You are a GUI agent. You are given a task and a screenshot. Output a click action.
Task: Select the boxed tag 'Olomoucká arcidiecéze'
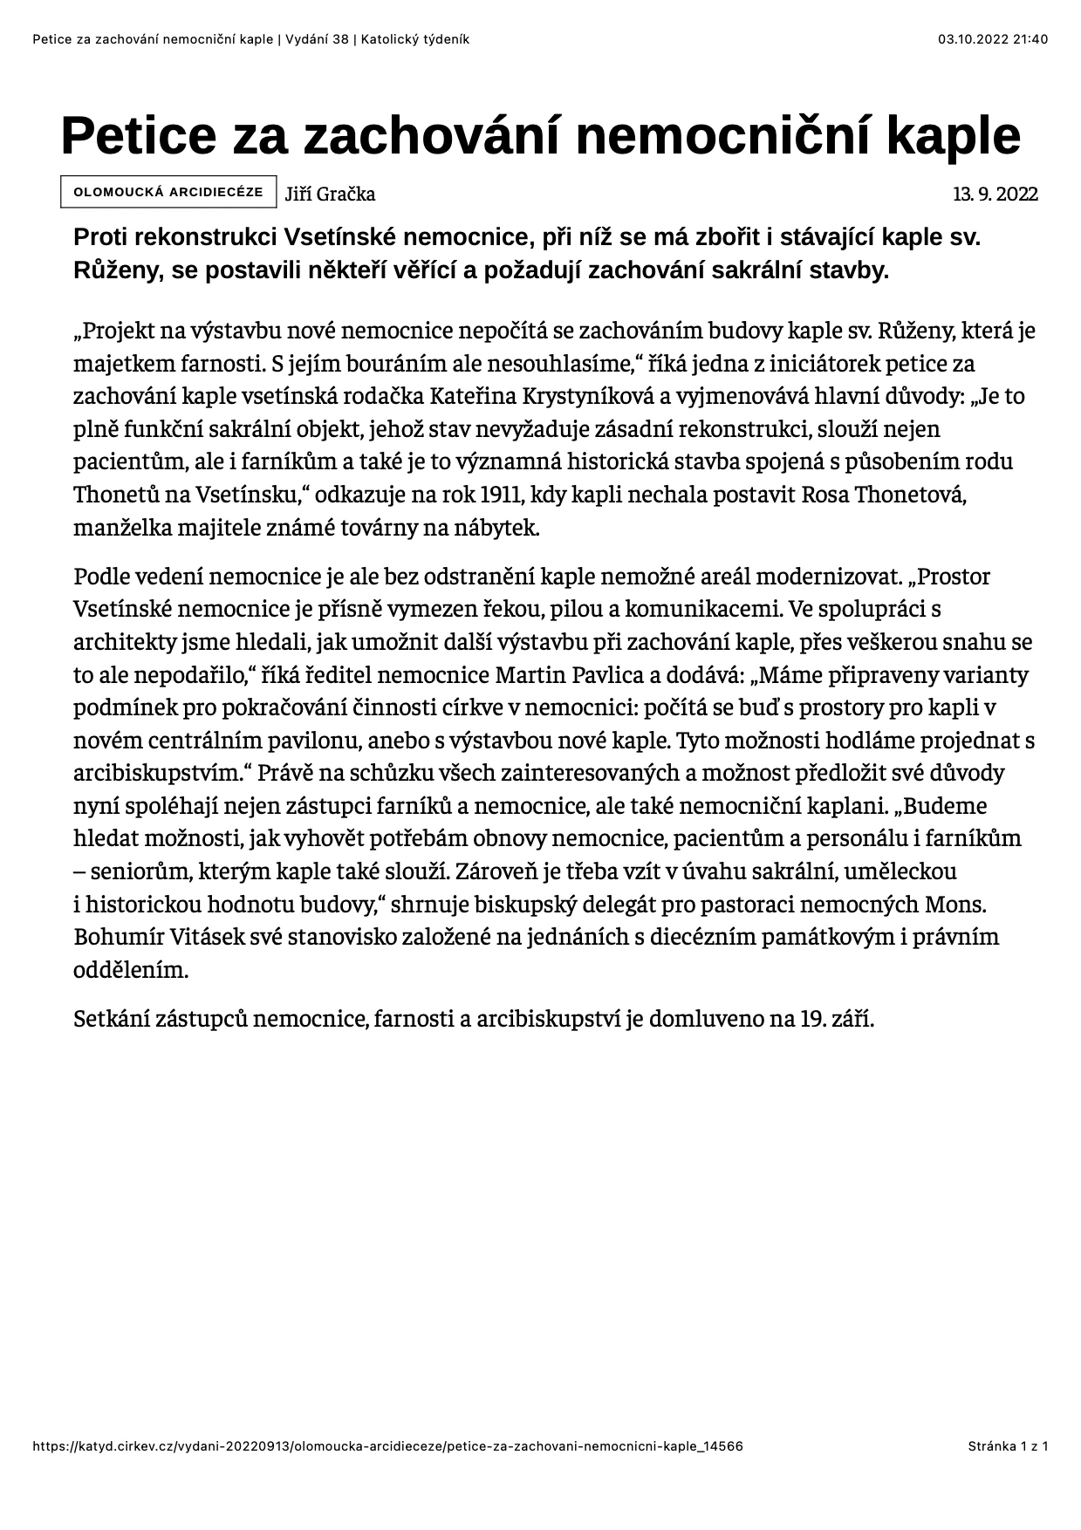coord(168,192)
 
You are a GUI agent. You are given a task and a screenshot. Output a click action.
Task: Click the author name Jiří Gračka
coord(330,194)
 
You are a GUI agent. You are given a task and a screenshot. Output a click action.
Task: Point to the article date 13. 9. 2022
coord(995,194)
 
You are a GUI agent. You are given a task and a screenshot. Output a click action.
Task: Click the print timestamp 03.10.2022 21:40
coord(993,38)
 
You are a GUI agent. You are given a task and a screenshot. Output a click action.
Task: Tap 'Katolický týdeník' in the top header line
coord(416,38)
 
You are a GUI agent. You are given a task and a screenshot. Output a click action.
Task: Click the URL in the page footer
coord(387,1446)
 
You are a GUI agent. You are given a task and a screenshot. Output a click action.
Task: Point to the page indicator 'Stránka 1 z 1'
coord(1008,1446)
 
